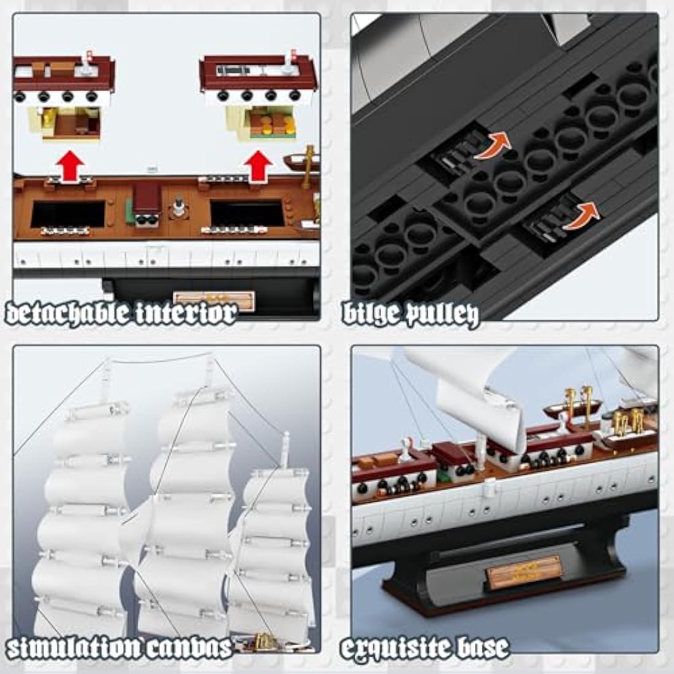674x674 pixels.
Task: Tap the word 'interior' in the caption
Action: point(192,314)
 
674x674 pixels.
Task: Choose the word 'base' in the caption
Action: point(481,647)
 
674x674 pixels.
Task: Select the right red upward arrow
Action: point(259,167)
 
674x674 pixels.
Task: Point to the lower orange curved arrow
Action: point(579,216)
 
